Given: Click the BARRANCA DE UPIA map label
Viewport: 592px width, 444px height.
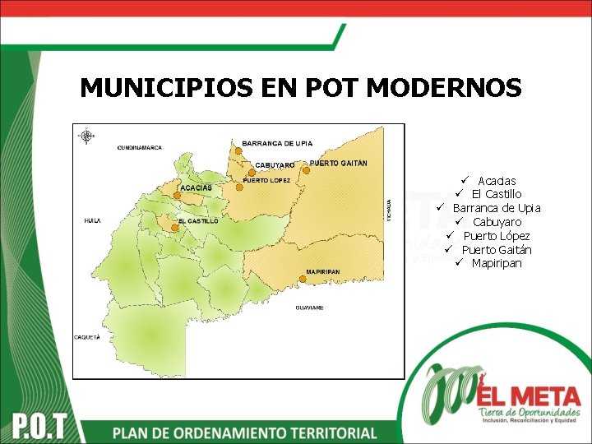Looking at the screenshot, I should [x=277, y=143].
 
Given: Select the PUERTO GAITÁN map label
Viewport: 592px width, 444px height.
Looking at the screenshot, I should [x=338, y=163].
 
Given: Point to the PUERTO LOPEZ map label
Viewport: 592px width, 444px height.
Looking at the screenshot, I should [x=266, y=179].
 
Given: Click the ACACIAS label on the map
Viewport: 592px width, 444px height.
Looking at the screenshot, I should [x=196, y=188].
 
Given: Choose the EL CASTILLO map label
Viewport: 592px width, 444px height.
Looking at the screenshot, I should [x=198, y=221].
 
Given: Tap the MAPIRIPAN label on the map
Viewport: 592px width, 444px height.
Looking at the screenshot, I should [x=323, y=271].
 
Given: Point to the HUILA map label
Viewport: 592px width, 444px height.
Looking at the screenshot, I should [x=92, y=221].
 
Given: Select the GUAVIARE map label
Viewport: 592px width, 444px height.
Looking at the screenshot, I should [x=309, y=308].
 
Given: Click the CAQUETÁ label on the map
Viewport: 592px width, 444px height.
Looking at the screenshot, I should [x=87, y=337].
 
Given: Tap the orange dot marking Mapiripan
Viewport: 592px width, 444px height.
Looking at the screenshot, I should [x=303, y=280].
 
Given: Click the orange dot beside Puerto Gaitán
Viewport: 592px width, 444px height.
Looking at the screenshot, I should [x=306, y=170].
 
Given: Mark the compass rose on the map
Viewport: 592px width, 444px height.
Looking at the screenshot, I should [x=87, y=136].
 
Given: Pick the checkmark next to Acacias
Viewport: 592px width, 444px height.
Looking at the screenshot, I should [x=464, y=179].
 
